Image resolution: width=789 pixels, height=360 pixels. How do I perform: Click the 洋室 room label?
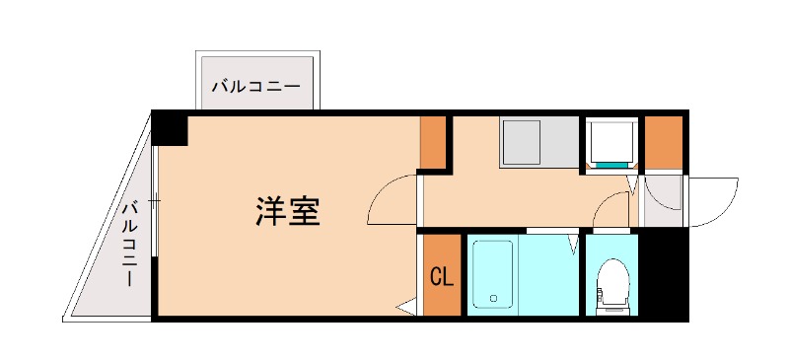288,211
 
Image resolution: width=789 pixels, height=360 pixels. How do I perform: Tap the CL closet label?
442,277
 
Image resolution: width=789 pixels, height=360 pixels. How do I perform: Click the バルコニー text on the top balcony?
255,87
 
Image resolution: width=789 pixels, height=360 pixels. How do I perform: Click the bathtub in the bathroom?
492,275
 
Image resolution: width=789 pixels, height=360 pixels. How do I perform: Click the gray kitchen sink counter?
537,142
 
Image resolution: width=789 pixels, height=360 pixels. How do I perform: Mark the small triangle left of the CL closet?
405,310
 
